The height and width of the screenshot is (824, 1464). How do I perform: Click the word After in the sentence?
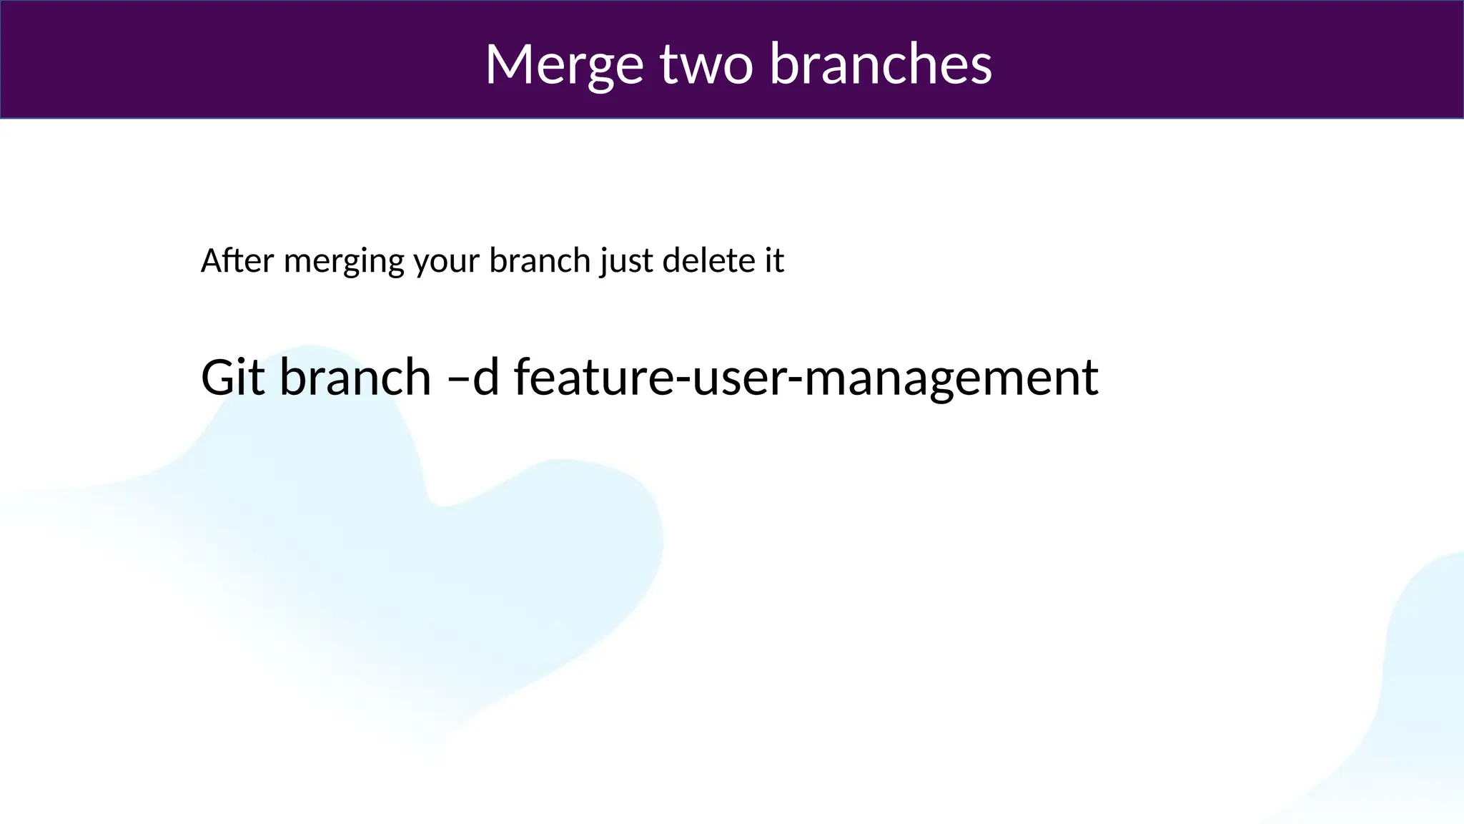tap(237, 260)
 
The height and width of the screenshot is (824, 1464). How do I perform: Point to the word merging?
tap(344, 262)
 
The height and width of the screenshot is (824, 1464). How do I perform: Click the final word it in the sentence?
tap(774, 260)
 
